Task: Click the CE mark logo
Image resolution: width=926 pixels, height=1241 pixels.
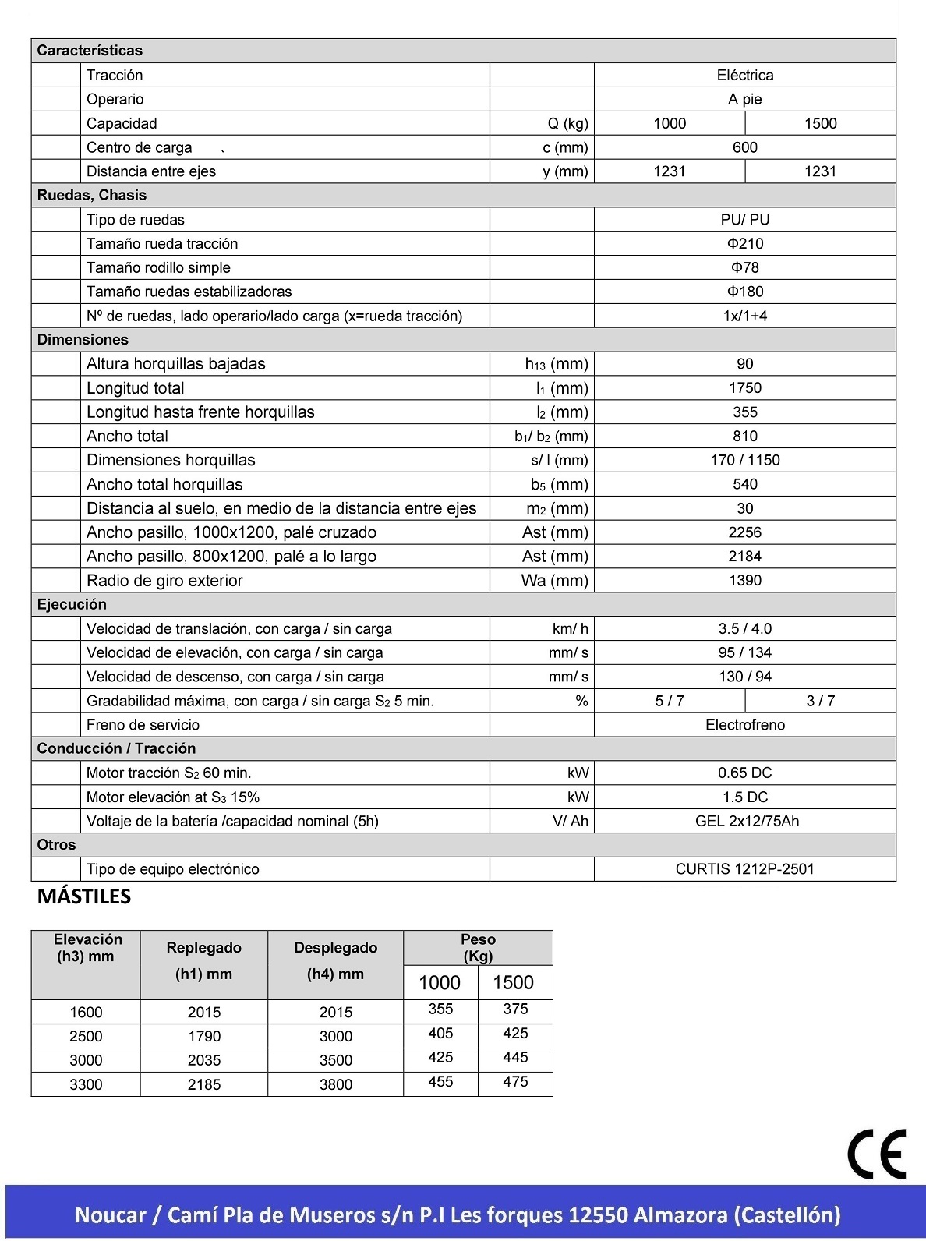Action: pos(877,1154)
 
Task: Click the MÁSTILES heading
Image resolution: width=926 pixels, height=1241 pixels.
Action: pos(84,897)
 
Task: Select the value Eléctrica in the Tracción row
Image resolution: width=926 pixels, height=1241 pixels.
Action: pos(745,76)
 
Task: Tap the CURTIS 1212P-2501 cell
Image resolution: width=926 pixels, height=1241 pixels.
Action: pos(745,869)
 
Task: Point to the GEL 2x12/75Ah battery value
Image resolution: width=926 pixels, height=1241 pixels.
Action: pos(747,821)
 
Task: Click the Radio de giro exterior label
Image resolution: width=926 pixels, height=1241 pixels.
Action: pos(164,581)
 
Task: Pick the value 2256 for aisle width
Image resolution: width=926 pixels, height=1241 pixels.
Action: pos(745,532)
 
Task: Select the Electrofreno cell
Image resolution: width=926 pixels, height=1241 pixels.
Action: pos(745,725)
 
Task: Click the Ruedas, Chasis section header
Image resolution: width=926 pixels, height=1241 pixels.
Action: pos(92,195)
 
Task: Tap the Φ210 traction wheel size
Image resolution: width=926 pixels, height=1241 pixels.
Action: pos(745,243)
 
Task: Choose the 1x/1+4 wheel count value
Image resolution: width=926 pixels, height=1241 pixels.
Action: pos(745,316)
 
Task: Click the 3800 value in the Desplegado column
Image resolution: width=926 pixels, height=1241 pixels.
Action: pos(336,1084)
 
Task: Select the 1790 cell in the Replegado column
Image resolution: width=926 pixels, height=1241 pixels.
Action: pos(204,1037)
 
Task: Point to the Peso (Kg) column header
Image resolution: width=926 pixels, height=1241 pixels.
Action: pos(478,948)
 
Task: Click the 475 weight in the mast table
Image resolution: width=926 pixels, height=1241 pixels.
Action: pos(515,1082)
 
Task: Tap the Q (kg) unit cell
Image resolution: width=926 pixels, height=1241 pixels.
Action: pos(567,123)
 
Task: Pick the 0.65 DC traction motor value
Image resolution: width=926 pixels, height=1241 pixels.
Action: pos(745,773)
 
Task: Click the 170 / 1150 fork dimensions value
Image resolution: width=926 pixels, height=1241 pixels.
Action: pos(745,460)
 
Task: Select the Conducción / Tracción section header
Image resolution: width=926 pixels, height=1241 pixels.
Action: pos(116,748)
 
